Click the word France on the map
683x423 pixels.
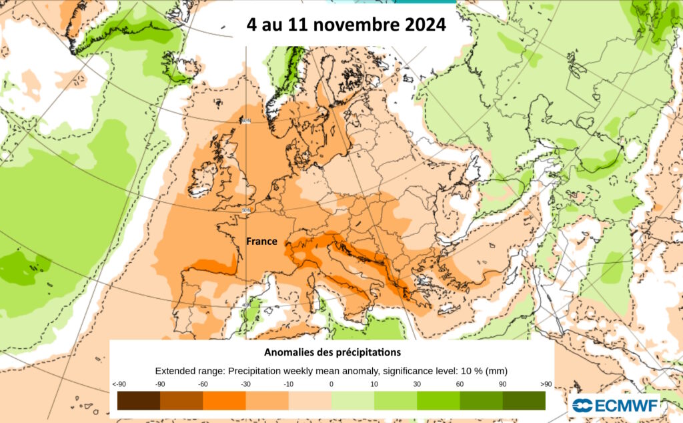[261, 241]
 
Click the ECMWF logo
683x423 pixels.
[616, 404]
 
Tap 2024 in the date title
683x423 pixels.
[423, 25]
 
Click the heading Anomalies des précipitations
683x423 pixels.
[332, 351]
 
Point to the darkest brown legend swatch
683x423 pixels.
[139, 400]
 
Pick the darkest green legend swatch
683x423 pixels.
[524, 400]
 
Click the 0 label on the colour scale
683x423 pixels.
[331, 384]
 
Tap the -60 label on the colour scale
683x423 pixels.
[203, 384]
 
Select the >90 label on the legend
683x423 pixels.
[546, 384]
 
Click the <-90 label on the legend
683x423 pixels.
[119, 384]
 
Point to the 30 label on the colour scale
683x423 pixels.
[417, 384]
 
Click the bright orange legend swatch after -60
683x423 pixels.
[224, 400]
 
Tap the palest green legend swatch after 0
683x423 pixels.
[353, 400]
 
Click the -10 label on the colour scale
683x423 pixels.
[288, 384]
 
